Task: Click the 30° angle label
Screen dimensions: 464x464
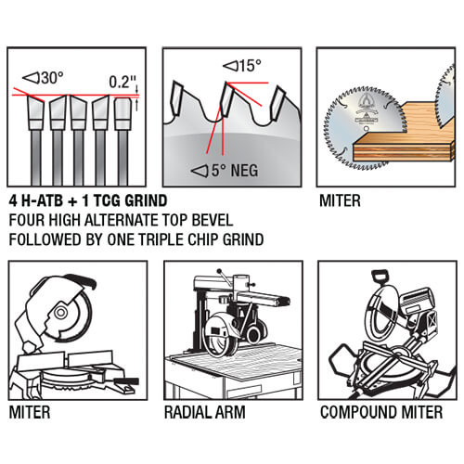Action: (44, 78)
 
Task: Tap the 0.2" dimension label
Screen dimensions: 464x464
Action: (122, 82)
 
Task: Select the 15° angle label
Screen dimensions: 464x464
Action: (242, 66)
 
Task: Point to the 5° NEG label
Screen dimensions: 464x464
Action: (225, 171)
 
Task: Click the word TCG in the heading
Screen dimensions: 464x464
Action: (106, 200)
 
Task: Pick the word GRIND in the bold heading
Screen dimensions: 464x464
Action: (146, 200)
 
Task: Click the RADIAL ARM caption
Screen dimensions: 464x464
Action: (205, 412)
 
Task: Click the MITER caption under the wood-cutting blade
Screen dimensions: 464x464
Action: (340, 200)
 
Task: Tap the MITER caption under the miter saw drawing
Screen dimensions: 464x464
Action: (30, 412)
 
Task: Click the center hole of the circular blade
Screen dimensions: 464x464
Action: (367, 128)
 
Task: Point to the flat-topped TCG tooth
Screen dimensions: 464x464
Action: (122, 113)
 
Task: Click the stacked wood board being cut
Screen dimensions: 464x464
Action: (404, 141)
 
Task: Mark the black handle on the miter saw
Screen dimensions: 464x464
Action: (83, 280)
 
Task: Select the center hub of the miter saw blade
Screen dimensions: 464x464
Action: (60, 313)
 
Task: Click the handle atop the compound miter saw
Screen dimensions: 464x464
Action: (380, 276)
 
